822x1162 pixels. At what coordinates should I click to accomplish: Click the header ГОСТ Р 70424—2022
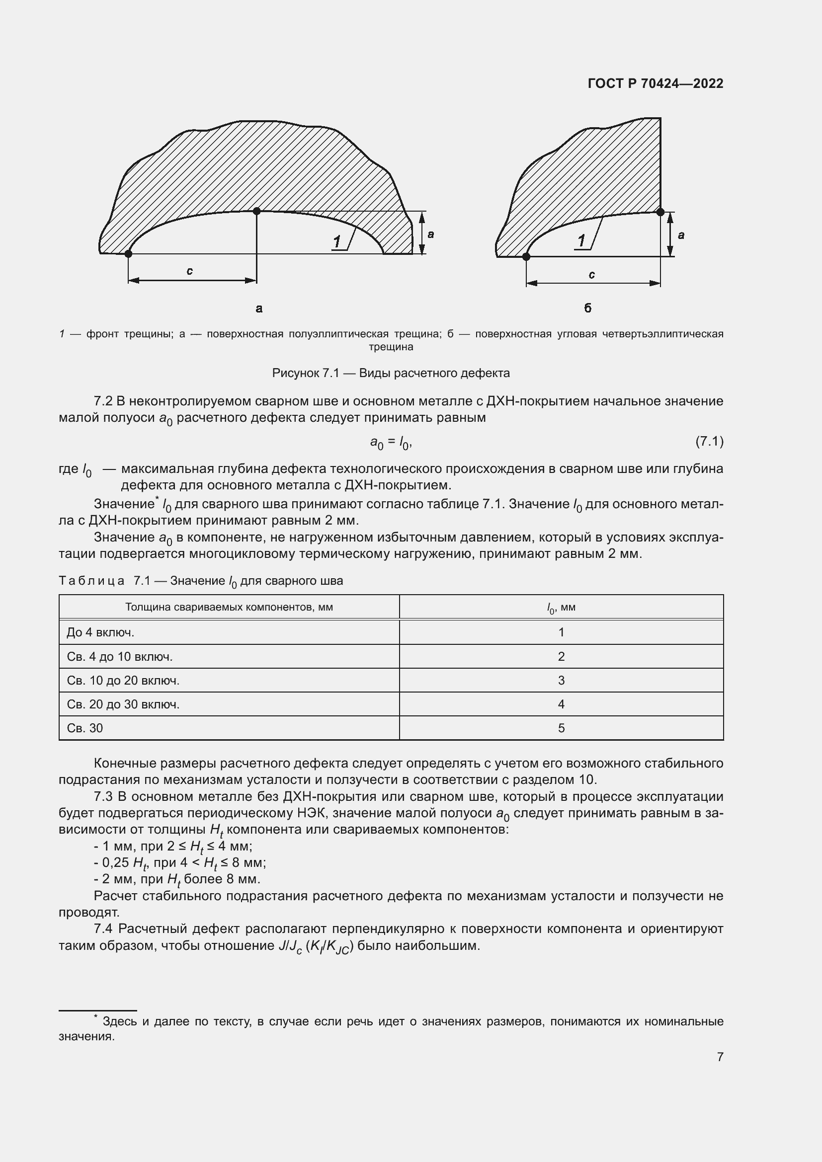pyautogui.click(x=655, y=83)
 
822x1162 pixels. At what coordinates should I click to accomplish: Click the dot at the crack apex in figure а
pyautogui.click(x=256, y=211)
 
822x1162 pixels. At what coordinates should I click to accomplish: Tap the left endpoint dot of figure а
pyautogui.click(x=128, y=253)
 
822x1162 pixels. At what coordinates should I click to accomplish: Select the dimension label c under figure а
pyautogui.click(x=189, y=271)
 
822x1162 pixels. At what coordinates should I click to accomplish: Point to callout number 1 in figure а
pyautogui.click(x=337, y=241)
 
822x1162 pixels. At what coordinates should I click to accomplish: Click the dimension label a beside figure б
pyautogui.click(x=681, y=235)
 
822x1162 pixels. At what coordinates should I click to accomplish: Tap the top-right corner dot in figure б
pyautogui.click(x=660, y=212)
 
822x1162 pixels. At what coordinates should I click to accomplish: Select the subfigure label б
pyautogui.click(x=587, y=308)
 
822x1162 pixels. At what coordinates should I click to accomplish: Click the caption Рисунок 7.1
pyautogui.click(x=391, y=373)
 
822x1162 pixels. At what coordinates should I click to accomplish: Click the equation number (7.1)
pyautogui.click(x=709, y=441)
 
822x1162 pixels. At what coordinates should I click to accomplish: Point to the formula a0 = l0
pyautogui.click(x=391, y=443)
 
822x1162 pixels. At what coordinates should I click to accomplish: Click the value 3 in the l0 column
pyautogui.click(x=561, y=680)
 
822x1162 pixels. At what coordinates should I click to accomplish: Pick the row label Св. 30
pyautogui.click(x=84, y=728)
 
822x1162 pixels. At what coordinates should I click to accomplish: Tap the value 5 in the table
pyautogui.click(x=561, y=728)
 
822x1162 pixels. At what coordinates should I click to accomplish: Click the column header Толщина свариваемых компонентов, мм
pyautogui.click(x=229, y=607)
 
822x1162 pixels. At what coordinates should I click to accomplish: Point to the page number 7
pyautogui.click(x=720, y=1057)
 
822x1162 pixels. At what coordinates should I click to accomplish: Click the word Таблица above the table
pyautogui.click(x=91, y=580)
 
